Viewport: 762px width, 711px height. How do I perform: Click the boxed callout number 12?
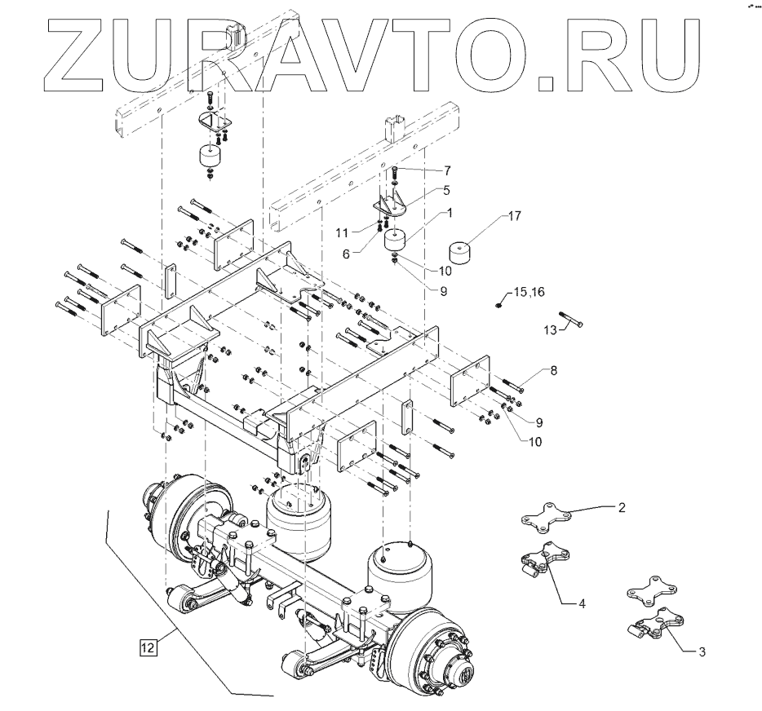[148, 647]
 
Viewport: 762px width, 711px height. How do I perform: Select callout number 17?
[514, 215]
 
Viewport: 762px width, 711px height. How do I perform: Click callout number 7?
[447, 171]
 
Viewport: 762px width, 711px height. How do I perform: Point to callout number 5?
[446, 190]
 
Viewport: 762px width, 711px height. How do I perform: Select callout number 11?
[342, 233]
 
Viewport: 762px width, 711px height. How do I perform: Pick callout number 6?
[346, 254]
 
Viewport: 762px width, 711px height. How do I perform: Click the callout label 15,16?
[529, 292]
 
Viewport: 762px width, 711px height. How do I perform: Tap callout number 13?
[550, 331]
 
